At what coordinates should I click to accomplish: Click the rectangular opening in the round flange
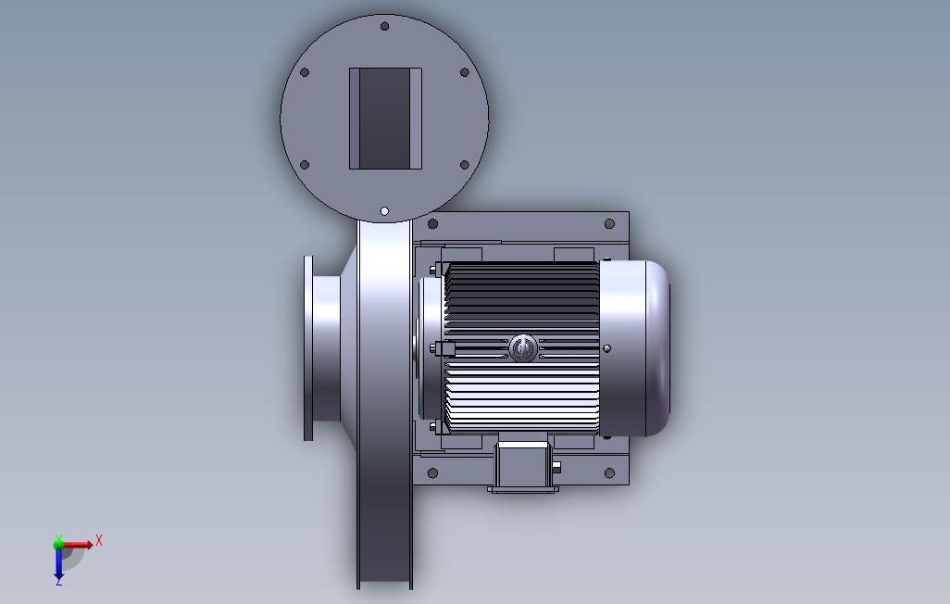(385, 119)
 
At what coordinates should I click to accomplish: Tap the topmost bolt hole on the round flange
(384, 26)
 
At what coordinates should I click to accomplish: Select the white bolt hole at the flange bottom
(384, 211)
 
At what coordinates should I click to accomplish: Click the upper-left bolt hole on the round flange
(305, 72)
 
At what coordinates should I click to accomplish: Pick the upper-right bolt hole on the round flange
(465, 72)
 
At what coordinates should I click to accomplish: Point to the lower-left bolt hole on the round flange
(305, 165)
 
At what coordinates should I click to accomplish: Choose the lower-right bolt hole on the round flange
(465, 165)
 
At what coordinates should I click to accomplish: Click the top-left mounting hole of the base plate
(432, 224)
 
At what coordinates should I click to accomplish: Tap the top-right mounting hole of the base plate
(609, 224)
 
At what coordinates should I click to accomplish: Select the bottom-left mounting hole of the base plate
(432, 473)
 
